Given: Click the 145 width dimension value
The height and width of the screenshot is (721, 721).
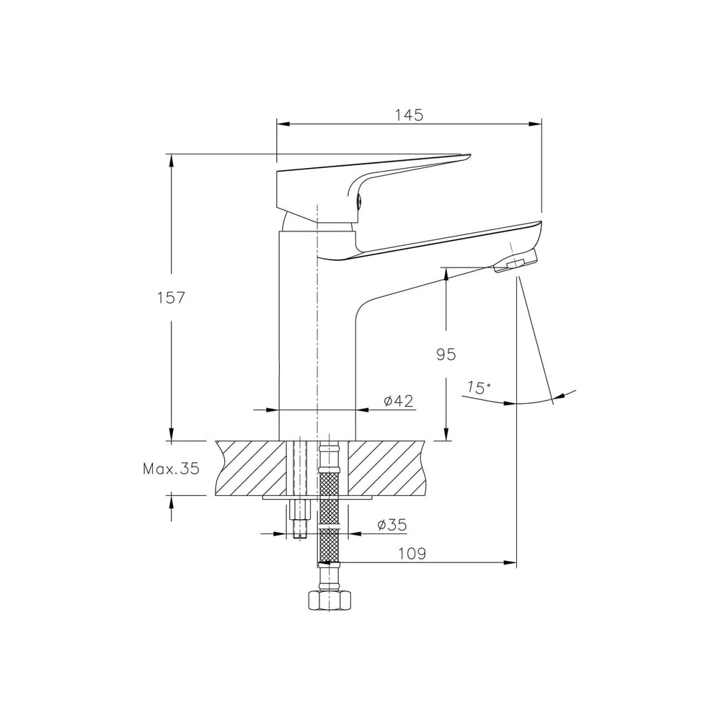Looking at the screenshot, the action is coord(409,115).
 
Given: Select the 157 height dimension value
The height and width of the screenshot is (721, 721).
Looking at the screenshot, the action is coord(171,298).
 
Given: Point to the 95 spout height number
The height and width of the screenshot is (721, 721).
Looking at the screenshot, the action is coord(446,355).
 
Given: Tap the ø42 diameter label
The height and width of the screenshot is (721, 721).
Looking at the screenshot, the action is coord(399,401).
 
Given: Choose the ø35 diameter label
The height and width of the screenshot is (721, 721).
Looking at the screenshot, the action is coord(392,525).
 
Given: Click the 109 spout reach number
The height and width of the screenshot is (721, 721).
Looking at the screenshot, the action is coord(412,554).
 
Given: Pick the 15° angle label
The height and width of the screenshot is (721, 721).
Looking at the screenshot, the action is coord(479,388).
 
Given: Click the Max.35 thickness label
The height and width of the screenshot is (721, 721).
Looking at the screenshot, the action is coord(172,469).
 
